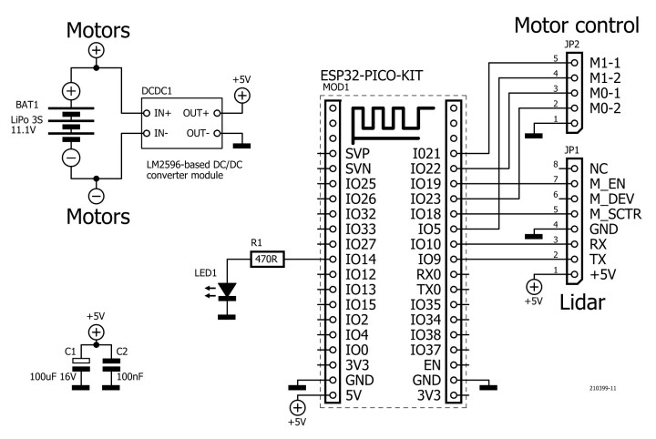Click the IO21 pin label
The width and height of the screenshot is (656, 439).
(425, 154)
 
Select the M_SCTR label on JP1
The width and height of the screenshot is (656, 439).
(616, 213)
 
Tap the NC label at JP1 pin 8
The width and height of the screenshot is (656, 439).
(599, 168)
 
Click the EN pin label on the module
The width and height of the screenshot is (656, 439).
(433, 363)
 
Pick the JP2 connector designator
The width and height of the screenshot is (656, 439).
(571, 44)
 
